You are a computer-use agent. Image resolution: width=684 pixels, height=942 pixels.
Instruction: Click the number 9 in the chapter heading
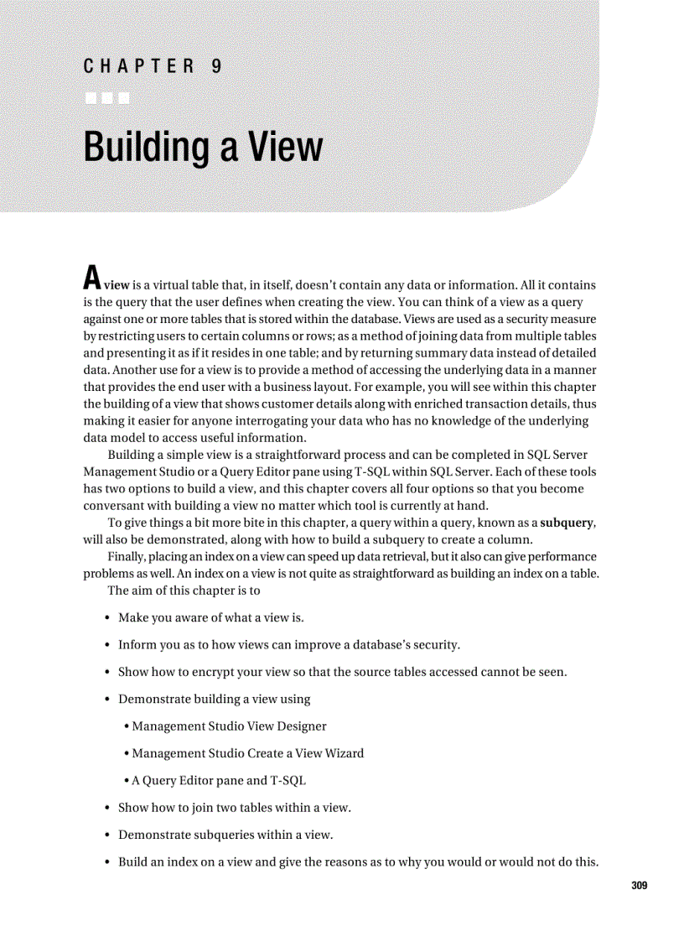216,66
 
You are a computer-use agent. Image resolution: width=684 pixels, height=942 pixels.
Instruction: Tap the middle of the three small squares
106,98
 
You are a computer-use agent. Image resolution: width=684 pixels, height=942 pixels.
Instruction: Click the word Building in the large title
146,147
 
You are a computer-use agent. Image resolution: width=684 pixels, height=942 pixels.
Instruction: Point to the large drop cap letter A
92,275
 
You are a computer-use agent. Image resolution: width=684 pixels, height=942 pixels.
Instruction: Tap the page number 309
640,886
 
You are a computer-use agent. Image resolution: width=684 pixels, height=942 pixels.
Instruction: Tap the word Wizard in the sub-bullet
344,752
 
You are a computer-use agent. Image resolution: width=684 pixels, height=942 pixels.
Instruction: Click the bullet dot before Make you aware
108,617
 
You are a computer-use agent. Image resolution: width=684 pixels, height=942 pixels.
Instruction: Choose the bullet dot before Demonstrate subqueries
108,835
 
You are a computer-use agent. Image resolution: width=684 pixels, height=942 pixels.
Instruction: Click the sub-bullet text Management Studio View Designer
229,726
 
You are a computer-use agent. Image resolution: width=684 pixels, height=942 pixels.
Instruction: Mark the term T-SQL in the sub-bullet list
288,780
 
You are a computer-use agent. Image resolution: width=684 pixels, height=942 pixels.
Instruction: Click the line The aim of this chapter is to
184,590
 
